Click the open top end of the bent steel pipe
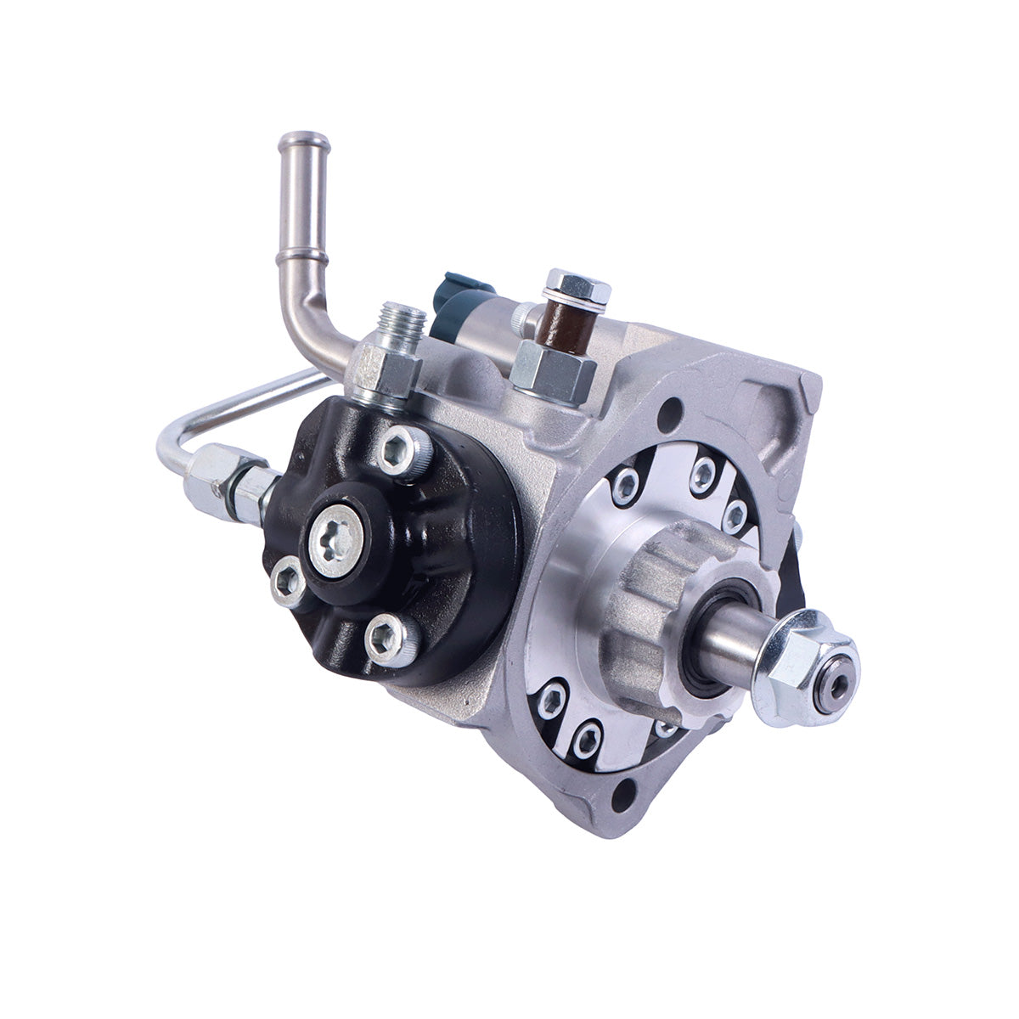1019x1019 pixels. (x=304, y=139)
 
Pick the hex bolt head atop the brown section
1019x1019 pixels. (x=578, y=286)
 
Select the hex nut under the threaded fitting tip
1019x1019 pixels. (x=386, y=371)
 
